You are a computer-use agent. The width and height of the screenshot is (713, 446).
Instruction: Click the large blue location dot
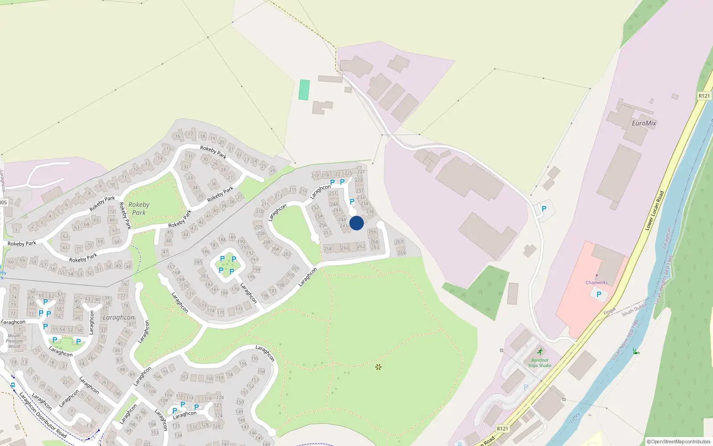tap(356, 223)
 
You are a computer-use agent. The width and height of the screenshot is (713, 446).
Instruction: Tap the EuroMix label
tap(644, 123)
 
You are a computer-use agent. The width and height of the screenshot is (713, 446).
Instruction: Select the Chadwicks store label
tap(596, 282)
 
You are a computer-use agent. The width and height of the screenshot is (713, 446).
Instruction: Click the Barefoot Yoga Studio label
tap(540, 363)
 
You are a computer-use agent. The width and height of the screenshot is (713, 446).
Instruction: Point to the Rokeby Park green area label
tap(139, 208)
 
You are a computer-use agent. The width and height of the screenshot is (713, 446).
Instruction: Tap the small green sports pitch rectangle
tap(304, 90)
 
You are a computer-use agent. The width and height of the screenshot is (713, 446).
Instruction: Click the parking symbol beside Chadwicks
tap(598, 294)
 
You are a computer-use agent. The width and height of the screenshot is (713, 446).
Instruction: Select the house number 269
tap(401, 253)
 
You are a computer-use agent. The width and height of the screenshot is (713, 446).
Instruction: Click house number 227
tap(361, 171)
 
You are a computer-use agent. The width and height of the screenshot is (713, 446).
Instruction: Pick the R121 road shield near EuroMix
tap(704, 96)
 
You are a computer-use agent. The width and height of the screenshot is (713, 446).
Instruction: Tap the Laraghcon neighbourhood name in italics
tap(119, 318)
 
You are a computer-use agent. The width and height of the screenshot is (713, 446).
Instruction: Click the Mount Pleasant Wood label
tap(14, 341)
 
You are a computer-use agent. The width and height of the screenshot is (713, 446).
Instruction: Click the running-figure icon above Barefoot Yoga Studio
tap(540, 351)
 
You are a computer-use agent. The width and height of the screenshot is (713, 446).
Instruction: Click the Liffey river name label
tap(575, 417)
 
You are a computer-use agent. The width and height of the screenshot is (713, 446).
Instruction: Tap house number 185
tap(198, 262)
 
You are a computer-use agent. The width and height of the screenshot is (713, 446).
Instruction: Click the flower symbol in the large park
tap(378, 367)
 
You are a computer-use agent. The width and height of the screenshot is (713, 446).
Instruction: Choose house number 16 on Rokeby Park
tap(178, 136)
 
